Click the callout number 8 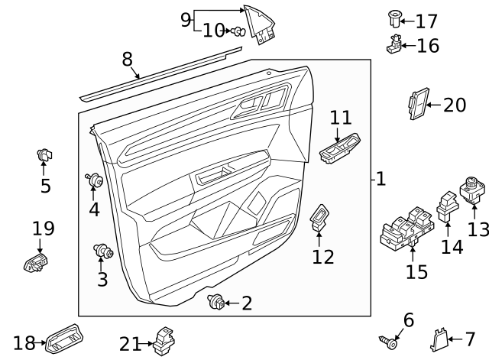point(127,60)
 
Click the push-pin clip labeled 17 point(395,17)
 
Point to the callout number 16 point(428,46)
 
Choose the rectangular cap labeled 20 point(418,105)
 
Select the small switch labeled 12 point(319,218)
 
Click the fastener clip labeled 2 point(216,303)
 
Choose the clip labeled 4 point(96,181)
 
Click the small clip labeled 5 point(44,155)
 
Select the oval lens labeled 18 point(64,337)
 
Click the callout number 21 point(130,344)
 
